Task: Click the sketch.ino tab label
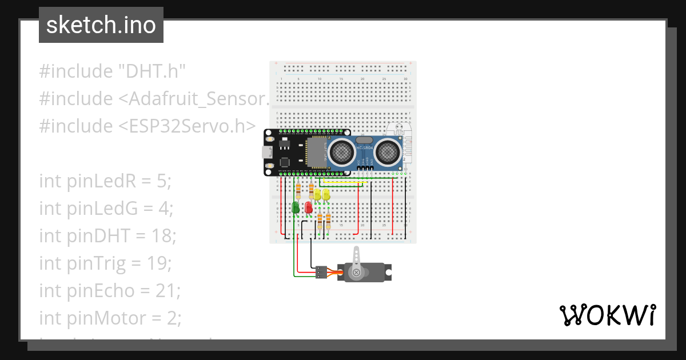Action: click(101, 25)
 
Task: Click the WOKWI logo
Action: click(607, 315)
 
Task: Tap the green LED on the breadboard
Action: click(296, 207)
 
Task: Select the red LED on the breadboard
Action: click(309, 207)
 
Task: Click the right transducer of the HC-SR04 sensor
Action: click(388, 151)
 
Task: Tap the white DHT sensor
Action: click(398, 143)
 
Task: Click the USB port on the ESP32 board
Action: click(267, 152)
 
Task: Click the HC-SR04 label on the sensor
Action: click(364, 148)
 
